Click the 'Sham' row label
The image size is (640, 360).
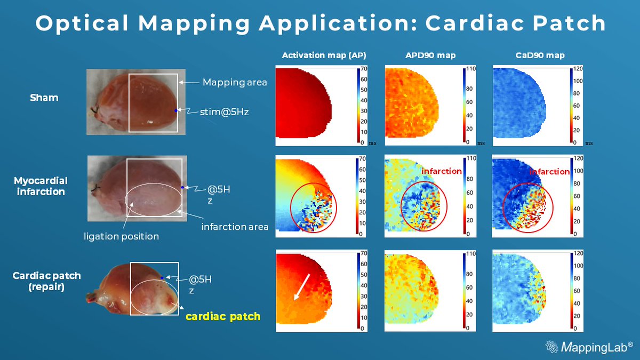coord(45,98)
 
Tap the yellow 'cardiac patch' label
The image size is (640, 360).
coord(223,316)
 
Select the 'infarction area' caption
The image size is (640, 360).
coord(235,227)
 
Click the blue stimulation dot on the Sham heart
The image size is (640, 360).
coord(175,110)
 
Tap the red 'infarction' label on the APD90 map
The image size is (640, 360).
coord(442,171)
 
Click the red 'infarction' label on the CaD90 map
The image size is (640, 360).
coord(549,172)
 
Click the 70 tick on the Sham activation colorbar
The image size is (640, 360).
coord(363,69)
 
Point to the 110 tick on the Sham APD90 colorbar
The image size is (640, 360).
coord(470,69)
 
